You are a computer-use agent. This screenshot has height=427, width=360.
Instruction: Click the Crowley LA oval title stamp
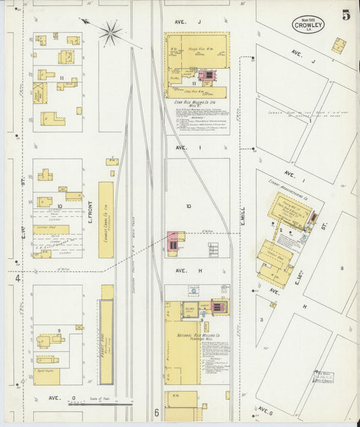click(308, 25)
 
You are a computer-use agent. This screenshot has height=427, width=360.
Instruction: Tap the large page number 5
click(345, 16)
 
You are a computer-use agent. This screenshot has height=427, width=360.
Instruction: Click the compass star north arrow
click(110, 30)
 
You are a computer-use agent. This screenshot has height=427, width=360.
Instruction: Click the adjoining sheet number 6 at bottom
click(156, 412)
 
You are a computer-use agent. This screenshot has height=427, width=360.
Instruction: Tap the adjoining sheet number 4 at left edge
click(18, 278)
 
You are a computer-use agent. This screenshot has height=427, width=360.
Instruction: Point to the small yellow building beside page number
click(338, 45)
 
